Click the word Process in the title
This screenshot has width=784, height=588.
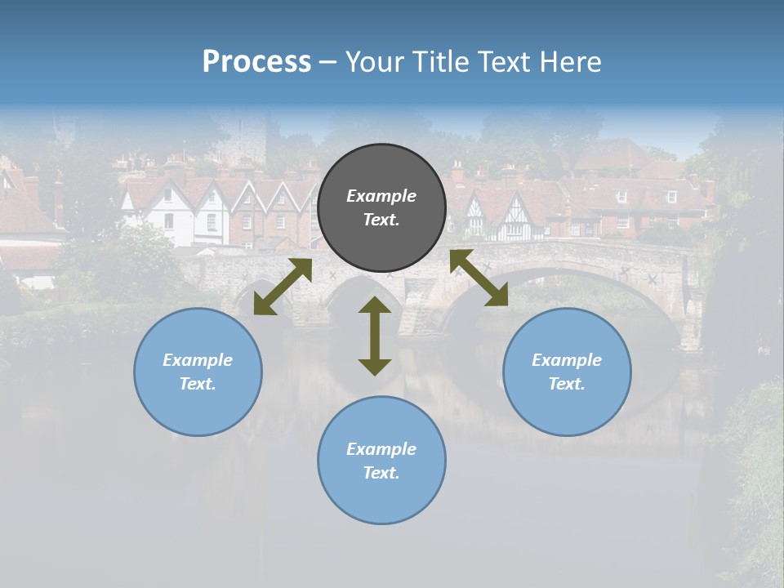(256, 62)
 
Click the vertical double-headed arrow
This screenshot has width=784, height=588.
(375, 336)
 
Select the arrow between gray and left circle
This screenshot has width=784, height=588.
(283, 287)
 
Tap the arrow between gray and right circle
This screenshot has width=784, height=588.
(479, 278)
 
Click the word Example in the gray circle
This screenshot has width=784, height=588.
(381, 196)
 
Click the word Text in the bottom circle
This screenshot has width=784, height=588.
(380, 473)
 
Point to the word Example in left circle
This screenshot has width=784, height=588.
(198, 360)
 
